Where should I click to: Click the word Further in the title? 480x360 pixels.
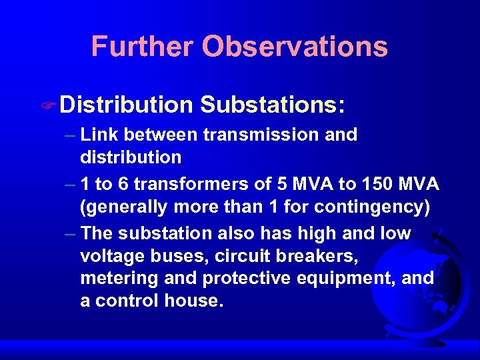(142, 47)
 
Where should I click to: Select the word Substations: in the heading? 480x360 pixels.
(272, 105)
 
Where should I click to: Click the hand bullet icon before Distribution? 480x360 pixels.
(50, 105)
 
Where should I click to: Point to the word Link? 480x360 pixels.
(99, 135)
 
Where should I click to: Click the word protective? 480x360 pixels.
(231, 277)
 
